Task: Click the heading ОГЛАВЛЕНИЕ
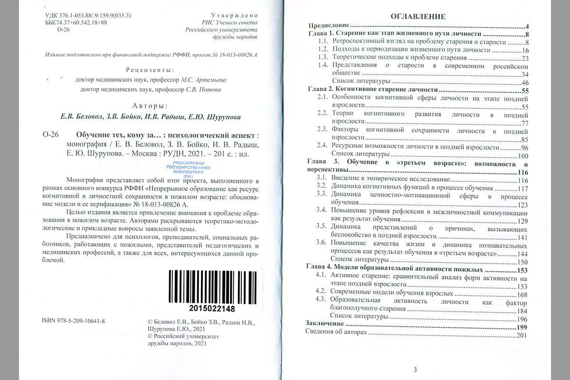tap(418, 16)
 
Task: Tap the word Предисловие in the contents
tap(329, 26)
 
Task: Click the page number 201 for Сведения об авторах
tap(522, 335)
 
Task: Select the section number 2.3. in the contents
tap(323, 130)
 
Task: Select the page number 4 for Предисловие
tap(527, 26)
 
